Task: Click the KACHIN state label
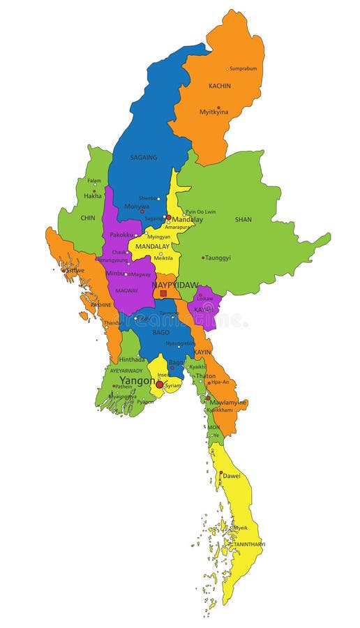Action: click(x=220, y=87)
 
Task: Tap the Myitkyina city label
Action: click(x=214, y=112)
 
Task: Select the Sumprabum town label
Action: click(x=243, y=69)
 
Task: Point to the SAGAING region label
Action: click(x=144, y=158)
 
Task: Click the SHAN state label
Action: click(x=243, y=219)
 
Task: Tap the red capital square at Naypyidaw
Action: click(x=163, y=294)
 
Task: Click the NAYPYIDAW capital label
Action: click(x=175, y=285)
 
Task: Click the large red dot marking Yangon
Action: click(x=160, y=384)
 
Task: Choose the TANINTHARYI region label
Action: click(x=249, y=544)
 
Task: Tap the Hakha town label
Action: click(x=93, y=196)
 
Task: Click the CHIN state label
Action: click(x=88, y=218)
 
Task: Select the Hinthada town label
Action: click(x=132, y=359)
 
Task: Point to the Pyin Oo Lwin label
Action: click(x=200, y=211)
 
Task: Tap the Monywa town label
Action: click(x=136, y=207)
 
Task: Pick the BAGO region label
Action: click(x=161, y=332)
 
